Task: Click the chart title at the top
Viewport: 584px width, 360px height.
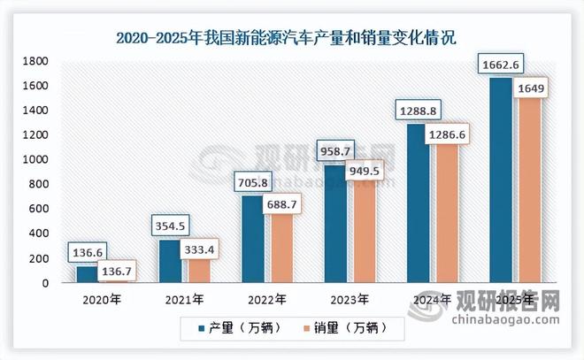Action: pyautogui.click(x=292, y=37)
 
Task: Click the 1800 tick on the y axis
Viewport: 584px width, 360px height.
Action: pyautogui.click(x=36, y=61)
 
